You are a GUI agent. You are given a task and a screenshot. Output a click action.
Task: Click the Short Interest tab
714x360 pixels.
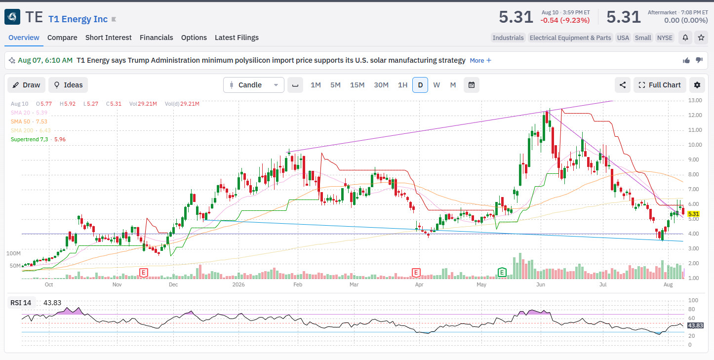[x=108, y=38]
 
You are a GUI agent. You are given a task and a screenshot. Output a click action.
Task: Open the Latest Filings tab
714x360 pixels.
[x=237, y=38]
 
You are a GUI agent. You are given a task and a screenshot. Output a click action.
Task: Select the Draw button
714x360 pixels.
[x=27, y=85]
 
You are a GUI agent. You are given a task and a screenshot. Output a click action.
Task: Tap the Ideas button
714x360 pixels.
[x=68, y=85]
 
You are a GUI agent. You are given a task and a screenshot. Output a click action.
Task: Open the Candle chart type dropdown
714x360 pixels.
[x=254, y=85]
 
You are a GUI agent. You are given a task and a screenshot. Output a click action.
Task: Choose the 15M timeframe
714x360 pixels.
[x=357, y=85]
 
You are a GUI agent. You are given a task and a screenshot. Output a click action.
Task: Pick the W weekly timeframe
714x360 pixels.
[x=436, y=85]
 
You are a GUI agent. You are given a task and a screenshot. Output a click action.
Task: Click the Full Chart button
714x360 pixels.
[x=660, y=85]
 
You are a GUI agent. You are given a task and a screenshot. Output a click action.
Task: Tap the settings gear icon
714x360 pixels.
[x=697, y=85]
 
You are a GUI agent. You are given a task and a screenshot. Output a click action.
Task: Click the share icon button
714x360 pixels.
[x=623, y=85]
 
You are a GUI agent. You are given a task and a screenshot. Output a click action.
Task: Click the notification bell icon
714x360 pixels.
[x=685, y=38]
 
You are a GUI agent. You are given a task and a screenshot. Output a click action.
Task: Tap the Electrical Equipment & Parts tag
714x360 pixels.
[x=570, y=38]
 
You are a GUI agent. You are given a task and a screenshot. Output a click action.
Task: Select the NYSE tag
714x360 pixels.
[x=665, y=38]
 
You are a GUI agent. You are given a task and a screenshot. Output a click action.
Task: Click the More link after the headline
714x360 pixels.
[x=480, y=60]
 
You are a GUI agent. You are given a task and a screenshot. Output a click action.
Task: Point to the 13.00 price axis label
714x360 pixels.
[x=695, y=100]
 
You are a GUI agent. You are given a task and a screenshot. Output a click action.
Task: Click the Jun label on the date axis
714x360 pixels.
[x=541, y=284]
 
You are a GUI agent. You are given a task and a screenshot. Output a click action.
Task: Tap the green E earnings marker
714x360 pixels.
[x=502, y=272]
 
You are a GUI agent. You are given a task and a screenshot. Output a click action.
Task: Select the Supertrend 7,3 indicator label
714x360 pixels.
[x=29, y=139]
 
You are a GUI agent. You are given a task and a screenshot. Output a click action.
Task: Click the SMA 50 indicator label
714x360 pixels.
[x=20, y=121]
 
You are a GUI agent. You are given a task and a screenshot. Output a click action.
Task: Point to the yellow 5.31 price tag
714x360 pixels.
[x=694, y=214]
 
